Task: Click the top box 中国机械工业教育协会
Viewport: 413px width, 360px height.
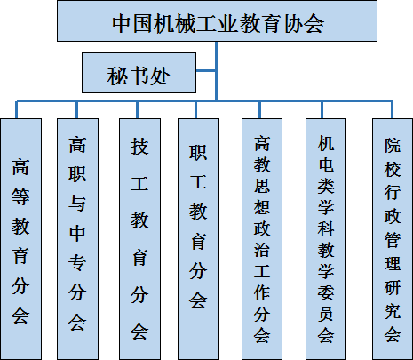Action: (217, 20)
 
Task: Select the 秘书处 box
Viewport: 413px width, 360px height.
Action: (139, 73)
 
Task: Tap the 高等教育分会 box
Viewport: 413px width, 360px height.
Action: (20, 239)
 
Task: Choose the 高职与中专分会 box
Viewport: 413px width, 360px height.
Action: (77, 239)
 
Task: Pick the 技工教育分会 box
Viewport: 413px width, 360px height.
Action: (139, 239)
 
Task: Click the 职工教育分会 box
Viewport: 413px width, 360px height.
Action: (198, 239)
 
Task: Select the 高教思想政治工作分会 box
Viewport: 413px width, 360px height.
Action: (262, 239)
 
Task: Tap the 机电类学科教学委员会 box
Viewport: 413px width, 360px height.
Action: (326, 239)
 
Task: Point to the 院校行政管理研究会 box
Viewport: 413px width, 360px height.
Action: (393, 239)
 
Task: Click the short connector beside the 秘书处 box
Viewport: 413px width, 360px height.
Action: (206, 70)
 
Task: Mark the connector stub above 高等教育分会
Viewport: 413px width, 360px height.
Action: (17, 110)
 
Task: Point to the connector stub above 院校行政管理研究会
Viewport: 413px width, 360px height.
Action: (393, 110)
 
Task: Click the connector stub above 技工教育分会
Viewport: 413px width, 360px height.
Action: (137, 110)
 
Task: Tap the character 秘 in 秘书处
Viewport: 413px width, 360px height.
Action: (117, 76)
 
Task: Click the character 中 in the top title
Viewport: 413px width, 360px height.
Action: (122, 23)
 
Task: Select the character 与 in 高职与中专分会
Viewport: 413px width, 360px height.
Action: (77, 204)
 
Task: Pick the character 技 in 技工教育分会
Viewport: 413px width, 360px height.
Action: (139, 147)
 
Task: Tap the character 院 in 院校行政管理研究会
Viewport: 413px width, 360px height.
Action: (393, 145)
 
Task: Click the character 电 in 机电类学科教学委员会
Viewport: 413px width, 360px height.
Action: (326, 164)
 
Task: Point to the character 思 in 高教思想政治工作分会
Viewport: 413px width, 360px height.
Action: (262, 185)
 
